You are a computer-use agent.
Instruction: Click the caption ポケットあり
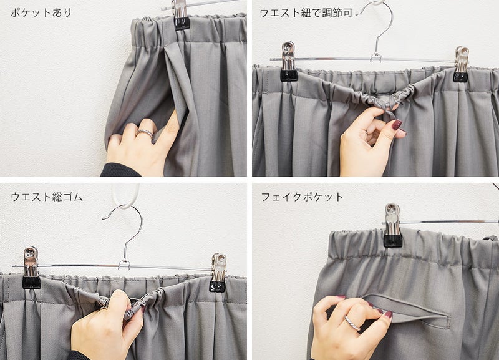[x=41, y=12]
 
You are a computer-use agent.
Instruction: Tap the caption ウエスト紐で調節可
[x=306, y=12]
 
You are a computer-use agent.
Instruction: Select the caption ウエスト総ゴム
[x=47, y=197]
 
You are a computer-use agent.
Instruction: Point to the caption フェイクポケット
[x=302, y=197]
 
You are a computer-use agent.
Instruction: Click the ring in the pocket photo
[x=145, y=134]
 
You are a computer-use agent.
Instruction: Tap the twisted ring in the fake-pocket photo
[x=352, y=323]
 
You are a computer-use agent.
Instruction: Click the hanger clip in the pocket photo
[x=181, y=14]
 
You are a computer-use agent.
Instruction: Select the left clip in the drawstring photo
[x=288, y=61]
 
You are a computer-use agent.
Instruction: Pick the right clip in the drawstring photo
[x=461, y=64]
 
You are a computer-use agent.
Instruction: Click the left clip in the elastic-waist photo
[x=31, y=268]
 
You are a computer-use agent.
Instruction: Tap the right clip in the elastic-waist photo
[x=218, y=273]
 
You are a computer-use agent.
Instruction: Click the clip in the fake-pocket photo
[x=393, y=225]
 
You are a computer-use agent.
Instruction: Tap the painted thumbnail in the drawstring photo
[x=397, y=124]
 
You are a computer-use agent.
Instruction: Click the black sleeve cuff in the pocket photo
[x=120, y=170]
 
